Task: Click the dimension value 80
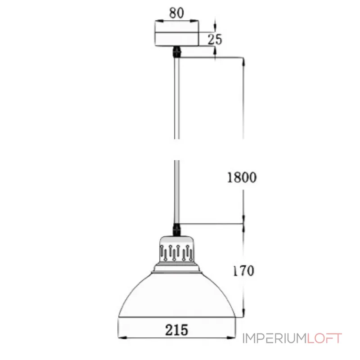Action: click(177, 13)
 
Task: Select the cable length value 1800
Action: click(241, 177)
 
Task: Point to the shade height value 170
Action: click(243, 271)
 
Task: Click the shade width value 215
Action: click(176, 330)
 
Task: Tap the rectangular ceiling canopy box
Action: click(177, 35)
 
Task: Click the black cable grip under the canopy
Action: click(177, 51)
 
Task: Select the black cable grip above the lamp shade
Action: click(177, 229)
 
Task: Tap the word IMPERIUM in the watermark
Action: click(274, 338)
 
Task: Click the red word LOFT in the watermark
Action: click(324, 338)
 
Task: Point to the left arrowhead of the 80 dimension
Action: click(157, 21)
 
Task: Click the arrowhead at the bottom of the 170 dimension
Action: click(243, 315)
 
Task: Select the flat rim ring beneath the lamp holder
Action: click(177, 269)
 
